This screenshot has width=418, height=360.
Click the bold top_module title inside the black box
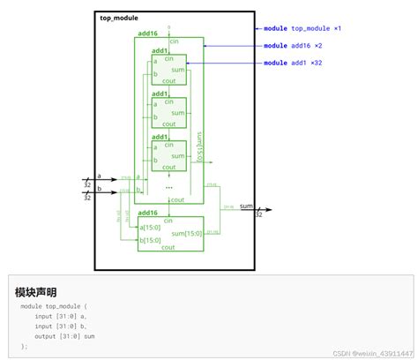point(119,18)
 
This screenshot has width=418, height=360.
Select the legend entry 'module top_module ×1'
point(302,28)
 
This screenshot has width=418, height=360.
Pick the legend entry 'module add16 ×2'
point(294,45)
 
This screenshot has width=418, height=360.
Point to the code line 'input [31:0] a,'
point(60,315)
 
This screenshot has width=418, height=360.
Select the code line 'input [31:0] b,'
point(60,326)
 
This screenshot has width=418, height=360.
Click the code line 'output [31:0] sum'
point(64,336)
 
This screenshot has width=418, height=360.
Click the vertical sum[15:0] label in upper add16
point(199,145)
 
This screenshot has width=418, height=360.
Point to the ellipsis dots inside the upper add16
point(168,187)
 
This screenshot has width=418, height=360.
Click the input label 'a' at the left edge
point(100,176)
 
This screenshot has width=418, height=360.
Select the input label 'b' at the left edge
point(100,188)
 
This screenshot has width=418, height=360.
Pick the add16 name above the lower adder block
point(147,213)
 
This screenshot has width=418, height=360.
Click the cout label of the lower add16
point(168,248)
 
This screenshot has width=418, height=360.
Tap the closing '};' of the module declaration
point(25,347)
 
